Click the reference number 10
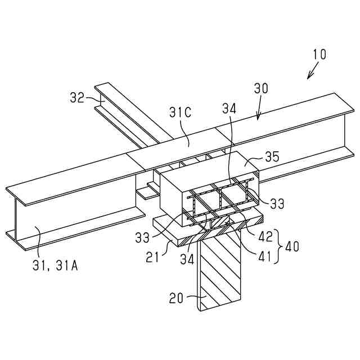pos(319,55)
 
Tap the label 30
pos(261,88)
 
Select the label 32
pos(77,97)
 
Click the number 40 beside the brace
pos(292,246)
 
